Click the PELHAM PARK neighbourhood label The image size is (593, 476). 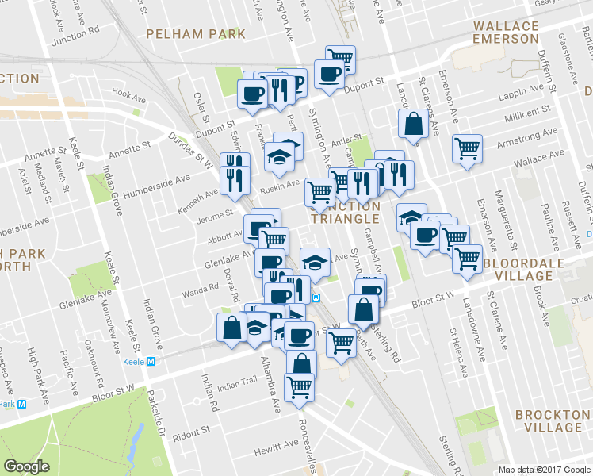195,34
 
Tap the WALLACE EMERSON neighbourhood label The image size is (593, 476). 506,33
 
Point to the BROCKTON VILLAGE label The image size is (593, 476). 553,421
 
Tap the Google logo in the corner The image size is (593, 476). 27,466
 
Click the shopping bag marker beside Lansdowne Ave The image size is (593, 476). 414,124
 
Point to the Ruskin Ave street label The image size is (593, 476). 282,184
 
